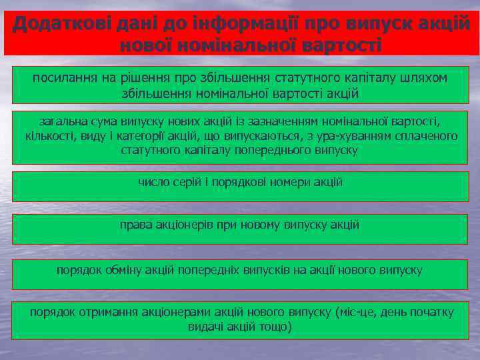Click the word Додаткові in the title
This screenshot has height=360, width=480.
tap(55, 25)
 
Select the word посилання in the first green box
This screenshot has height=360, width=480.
tap(65, 77)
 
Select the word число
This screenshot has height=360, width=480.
tap(154, 181)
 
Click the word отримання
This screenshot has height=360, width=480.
tap(109, 312)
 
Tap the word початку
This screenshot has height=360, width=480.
tap(427, 312)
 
